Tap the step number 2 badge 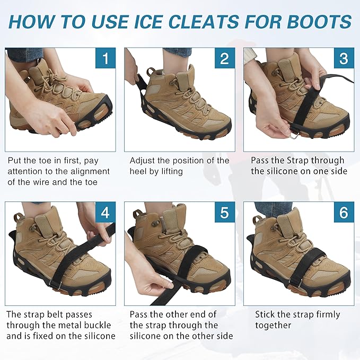[224, 58]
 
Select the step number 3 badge [343, 58]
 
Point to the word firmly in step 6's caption [322, 314]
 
